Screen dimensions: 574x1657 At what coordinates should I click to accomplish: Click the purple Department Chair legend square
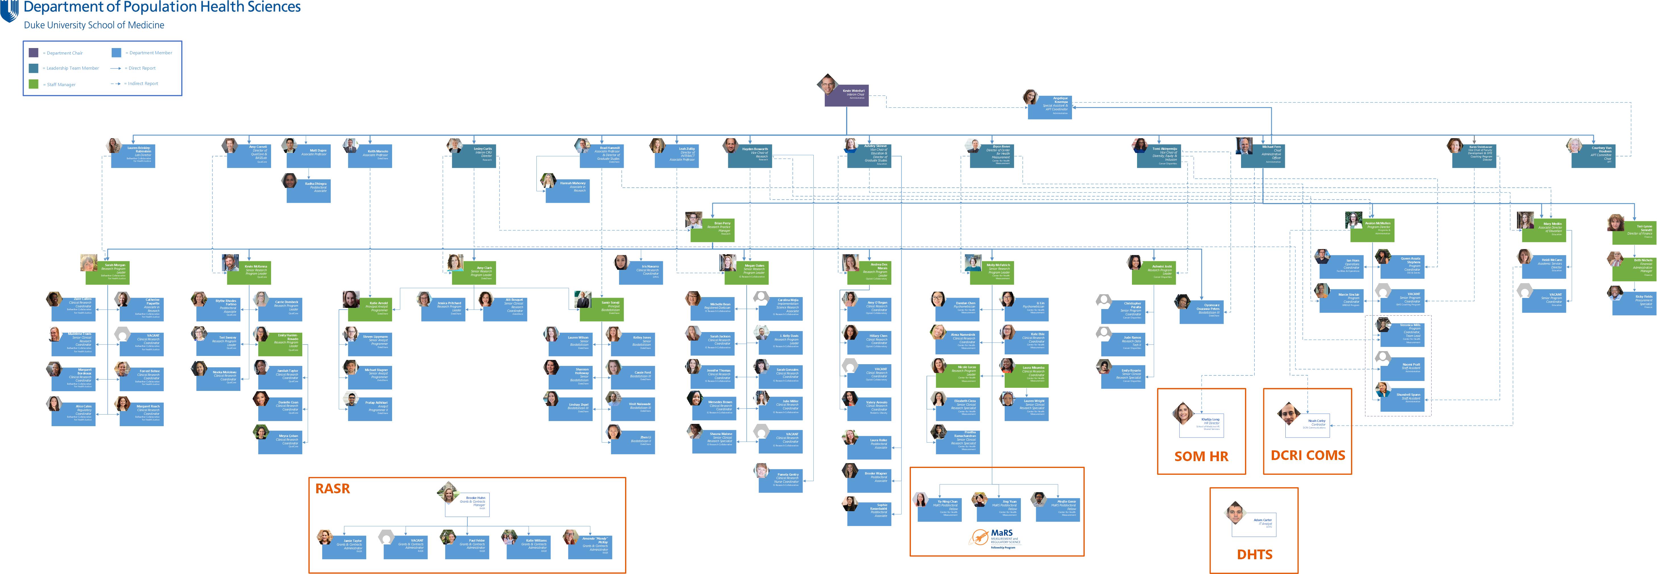[34, 53]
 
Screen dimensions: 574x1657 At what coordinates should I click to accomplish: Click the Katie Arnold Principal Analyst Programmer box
[370, 310]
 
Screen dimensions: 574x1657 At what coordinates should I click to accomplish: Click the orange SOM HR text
[1201, 456]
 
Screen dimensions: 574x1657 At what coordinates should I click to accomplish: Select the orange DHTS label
[1254, 554]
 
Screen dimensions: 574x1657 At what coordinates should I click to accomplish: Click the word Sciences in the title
[270, 8]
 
